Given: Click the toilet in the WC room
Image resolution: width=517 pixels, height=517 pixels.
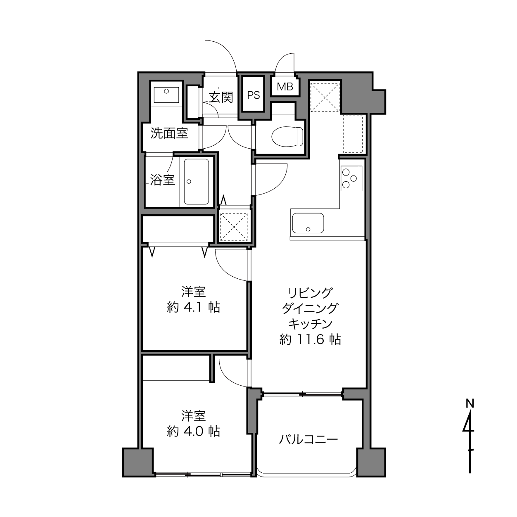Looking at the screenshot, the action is coord(287,136).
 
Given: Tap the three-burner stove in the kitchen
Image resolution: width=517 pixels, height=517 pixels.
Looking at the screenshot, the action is coord(351,178).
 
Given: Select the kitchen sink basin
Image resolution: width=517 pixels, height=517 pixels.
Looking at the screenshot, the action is coord(308,223).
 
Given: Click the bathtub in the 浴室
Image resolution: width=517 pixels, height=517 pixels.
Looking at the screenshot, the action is coord(196,181).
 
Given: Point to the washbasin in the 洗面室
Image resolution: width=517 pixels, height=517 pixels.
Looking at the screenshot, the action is coord(166,95).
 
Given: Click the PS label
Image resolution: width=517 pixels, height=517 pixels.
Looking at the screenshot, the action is coord(254,95).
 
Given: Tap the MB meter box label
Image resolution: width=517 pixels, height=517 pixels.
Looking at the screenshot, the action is coord(285,87).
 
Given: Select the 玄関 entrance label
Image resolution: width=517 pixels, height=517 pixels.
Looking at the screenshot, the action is coord(221,97).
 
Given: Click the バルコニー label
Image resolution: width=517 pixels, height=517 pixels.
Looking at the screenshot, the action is coord(308,439).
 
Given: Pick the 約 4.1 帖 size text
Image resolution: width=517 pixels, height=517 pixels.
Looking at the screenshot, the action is coord(193,307).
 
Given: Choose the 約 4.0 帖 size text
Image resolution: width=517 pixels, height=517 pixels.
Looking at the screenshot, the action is coord(193,432).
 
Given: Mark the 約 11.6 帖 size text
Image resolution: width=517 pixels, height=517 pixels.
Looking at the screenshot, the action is coord(311,339).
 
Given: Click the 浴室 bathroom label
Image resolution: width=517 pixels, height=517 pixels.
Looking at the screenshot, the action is coord(163,180).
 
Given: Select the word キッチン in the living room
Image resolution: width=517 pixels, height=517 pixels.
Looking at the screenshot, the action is coord(311,324).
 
